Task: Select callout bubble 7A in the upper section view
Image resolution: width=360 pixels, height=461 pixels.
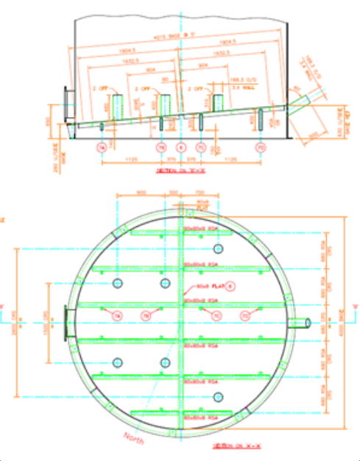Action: pyautogui.click(x=101, y=147)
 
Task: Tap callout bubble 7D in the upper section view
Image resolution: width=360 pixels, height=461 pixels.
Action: pyautogui.click(x=260, y=147)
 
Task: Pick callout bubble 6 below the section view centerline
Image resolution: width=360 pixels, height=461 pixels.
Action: pyautogui.click(x=181, y=147)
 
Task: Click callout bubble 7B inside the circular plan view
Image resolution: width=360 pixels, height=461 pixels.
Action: pyautogui.click(x=146, y=315)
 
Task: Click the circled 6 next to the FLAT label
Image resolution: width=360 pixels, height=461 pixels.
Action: pyautogui.click(x=229, y=286)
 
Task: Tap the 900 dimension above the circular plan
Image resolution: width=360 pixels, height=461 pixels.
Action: pyautogui.click(x=142, y=194)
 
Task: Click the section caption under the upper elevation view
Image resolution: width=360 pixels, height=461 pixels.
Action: pyautogui.click(x=180, y=169)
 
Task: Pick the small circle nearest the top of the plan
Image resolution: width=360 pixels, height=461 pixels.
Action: pyautogui.click(x=117, y=284)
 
